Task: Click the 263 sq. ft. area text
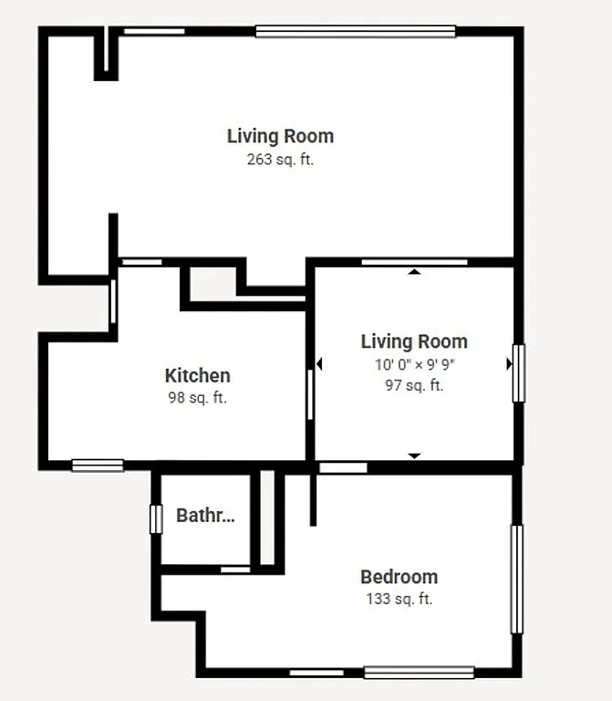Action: (x=280, y=160)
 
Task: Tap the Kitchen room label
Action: (x=197, y=375)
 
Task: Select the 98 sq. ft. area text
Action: (x=197, y=398)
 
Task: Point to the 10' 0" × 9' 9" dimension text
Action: (x=414, y=364)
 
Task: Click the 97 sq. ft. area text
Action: (x=414, y=385)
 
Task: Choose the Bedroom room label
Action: (x=399, y=577)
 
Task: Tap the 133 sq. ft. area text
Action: (x=399, y=600)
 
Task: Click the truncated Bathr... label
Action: (x=205, y=516)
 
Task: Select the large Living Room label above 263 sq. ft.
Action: (x=280, y=136)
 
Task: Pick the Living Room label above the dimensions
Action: (x=414, y=341)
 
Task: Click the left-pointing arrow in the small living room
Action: (x=319, y=364)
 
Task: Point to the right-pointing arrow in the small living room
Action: (x=509, y=364)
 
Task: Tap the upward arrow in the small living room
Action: (x=414, y=271)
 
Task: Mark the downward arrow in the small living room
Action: (x=414, y=455)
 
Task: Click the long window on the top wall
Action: (x=356, y=32)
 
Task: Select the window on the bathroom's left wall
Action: (x=156, y=518)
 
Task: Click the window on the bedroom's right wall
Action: (x=516, y=579)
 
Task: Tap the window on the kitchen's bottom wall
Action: (x=98, y=465)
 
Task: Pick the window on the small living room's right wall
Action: (x=518, y=372)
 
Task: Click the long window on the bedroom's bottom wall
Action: (x=419, y=673)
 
